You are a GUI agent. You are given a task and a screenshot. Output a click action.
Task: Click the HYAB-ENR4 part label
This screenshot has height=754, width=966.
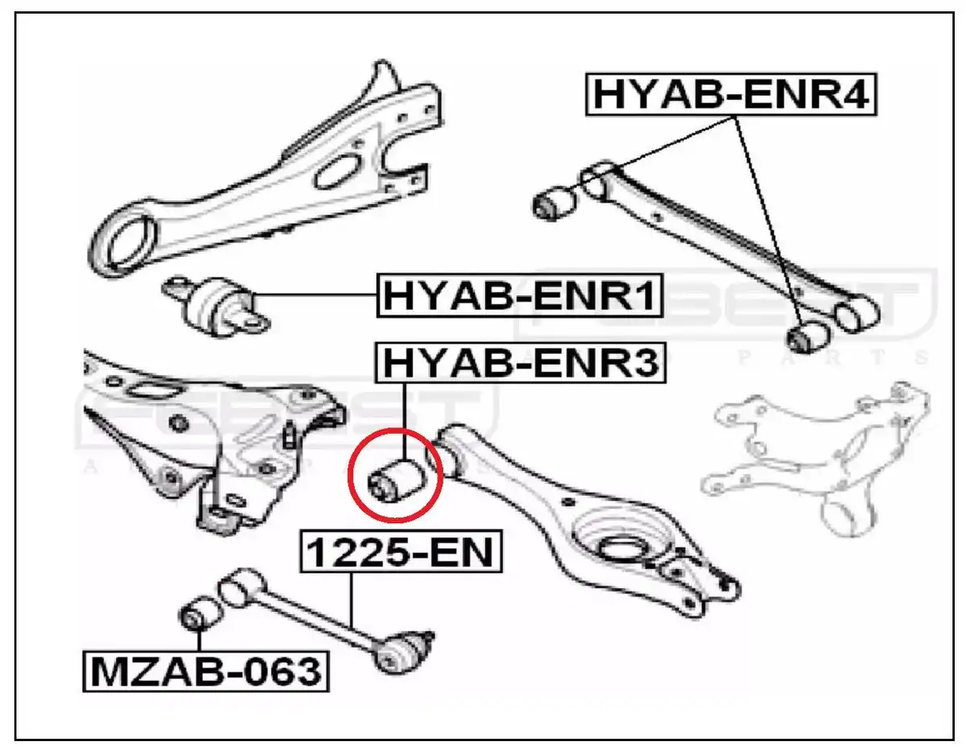pyautogui.click(x=731, y=95)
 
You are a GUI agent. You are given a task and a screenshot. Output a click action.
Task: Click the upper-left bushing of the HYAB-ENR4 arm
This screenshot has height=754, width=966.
pyautogui.click(x=554, y=201)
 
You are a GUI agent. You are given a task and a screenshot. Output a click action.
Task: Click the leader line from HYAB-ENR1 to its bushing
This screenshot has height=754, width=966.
pyautogui.click(x=314, y=296)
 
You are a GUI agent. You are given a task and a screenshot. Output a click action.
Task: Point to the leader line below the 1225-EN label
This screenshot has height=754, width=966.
pyautogui.click(x=351, y=604)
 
